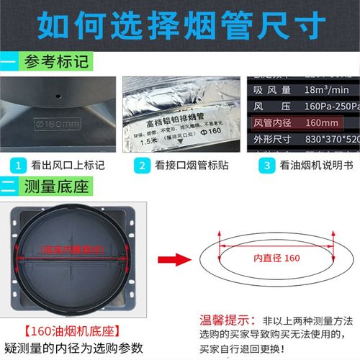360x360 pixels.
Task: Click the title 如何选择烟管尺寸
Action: click(x=179, y=25)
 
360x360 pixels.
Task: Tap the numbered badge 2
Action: click(x=143, y=165)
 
